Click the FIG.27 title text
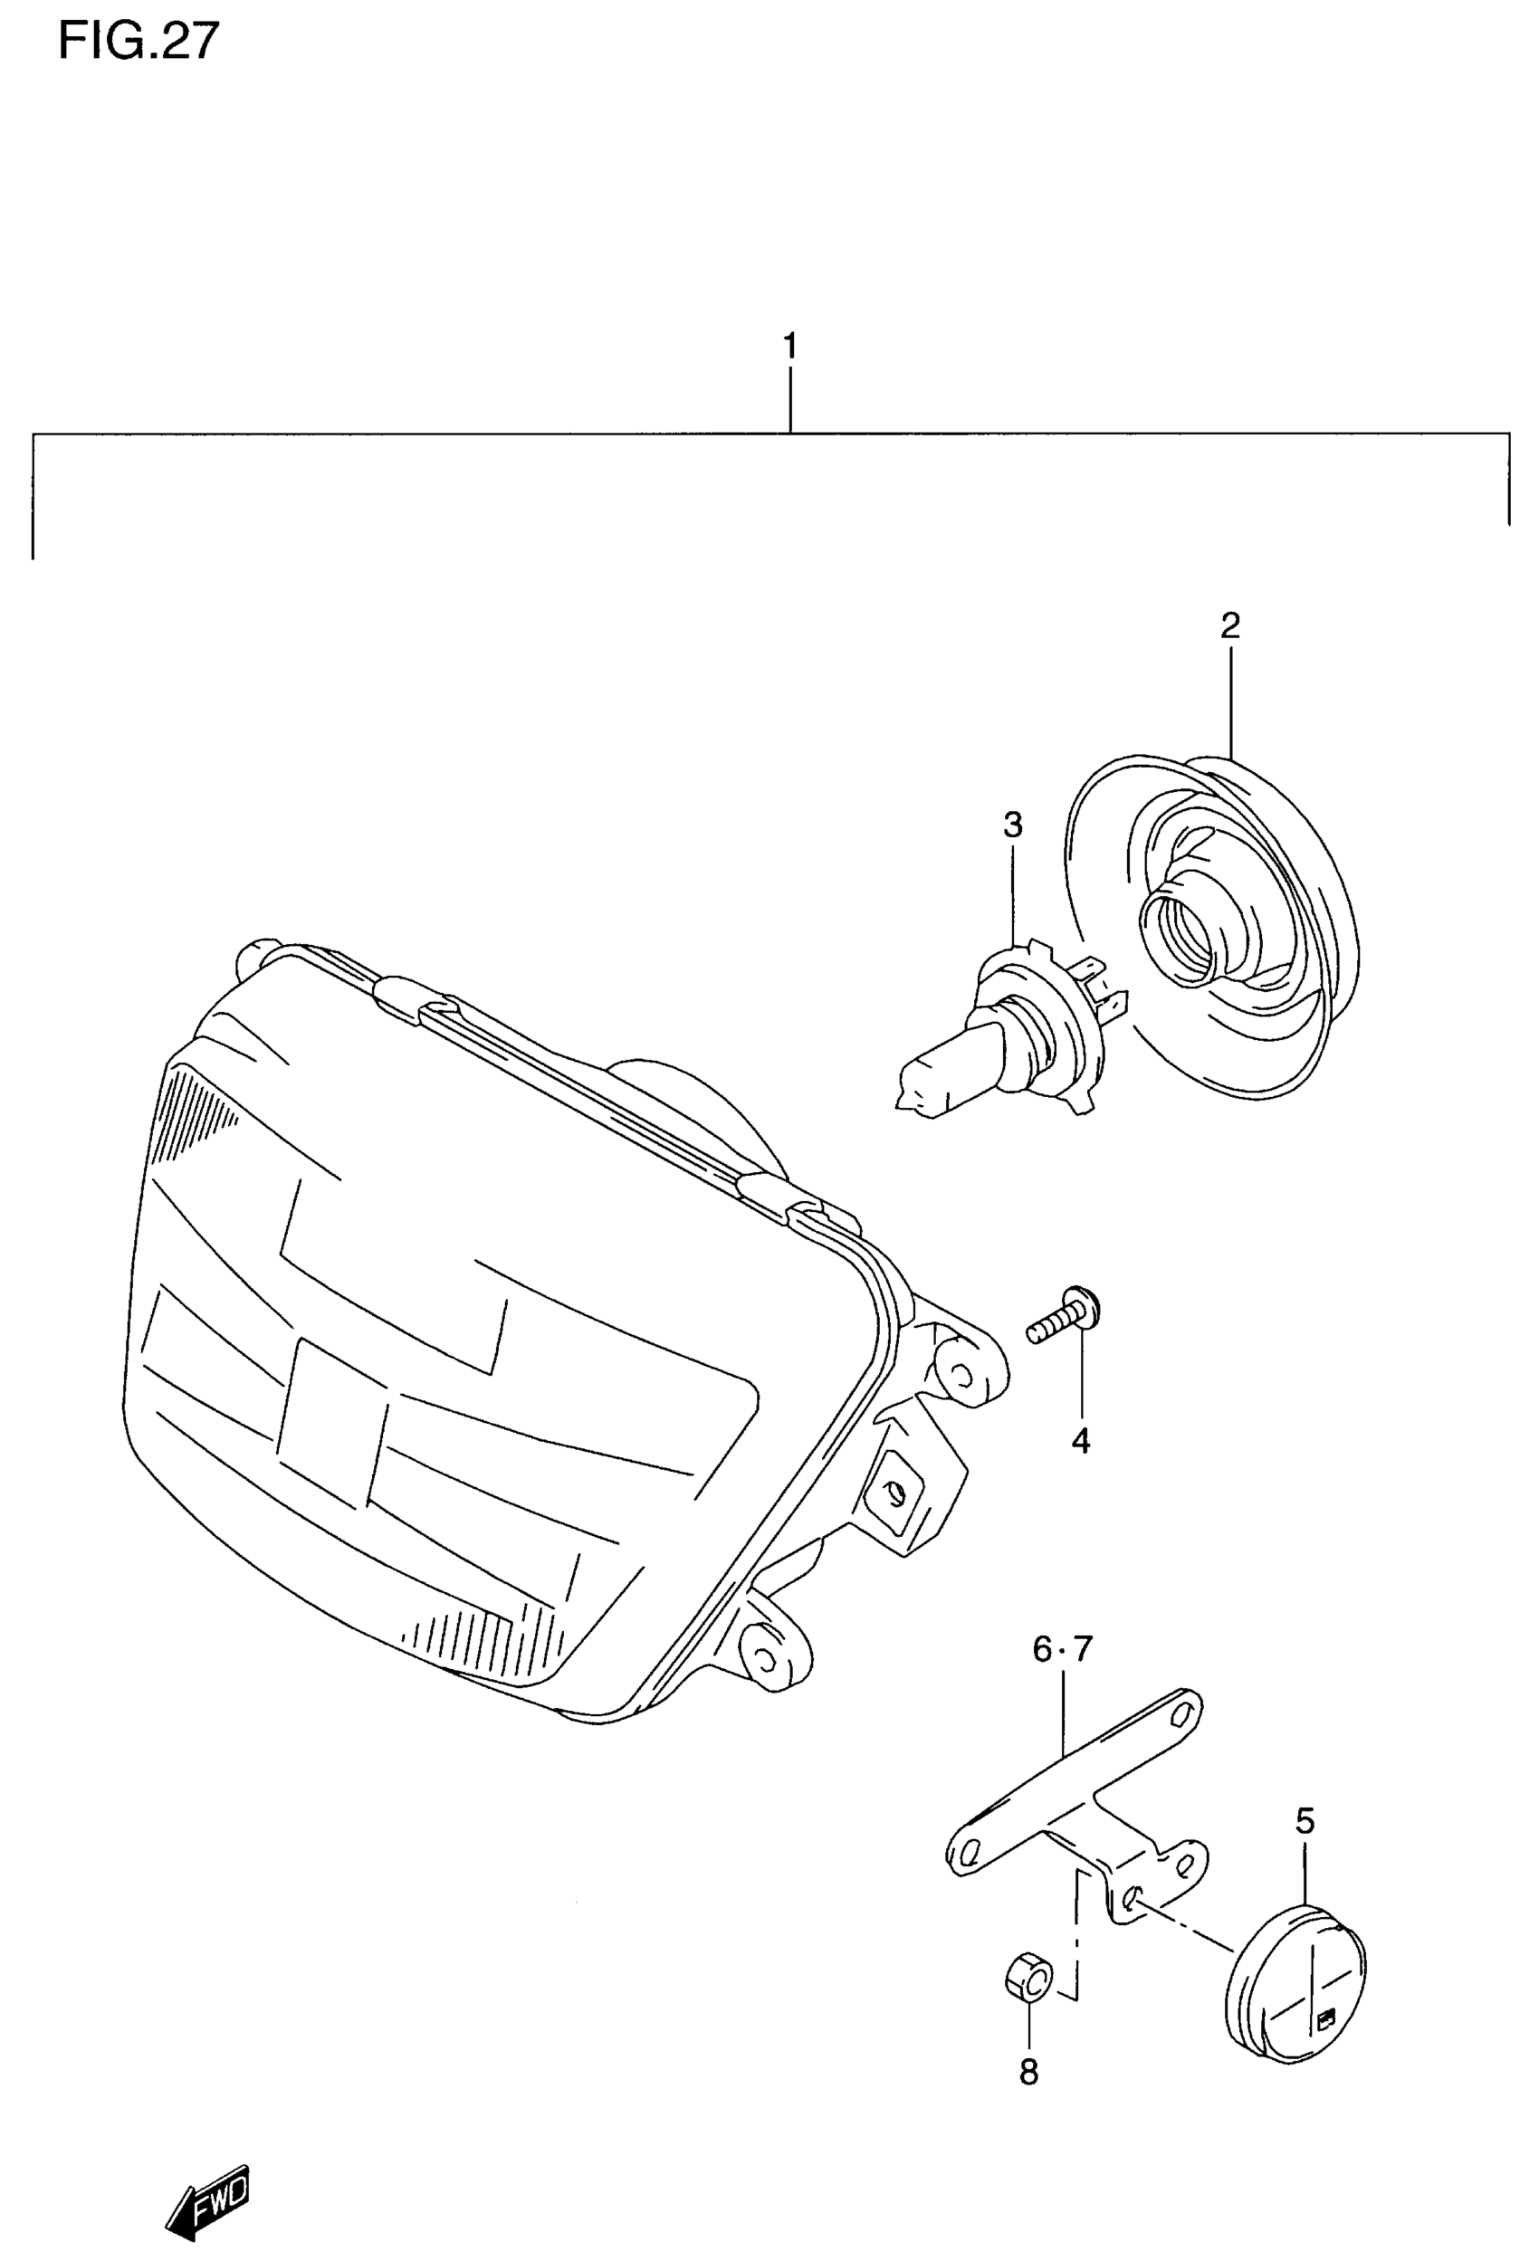pyautogui.click(x=139, y=42)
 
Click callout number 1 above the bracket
pyautogui.click(x=790, y=347)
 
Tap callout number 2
pyautogui.click(x=1229, y=625)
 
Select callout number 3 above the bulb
pyautogui.click(x=1013, y=825)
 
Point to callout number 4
pyautogui.click(x=1081, y=1441)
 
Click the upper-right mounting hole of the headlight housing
pyautogui.click(x=961, y=1376)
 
